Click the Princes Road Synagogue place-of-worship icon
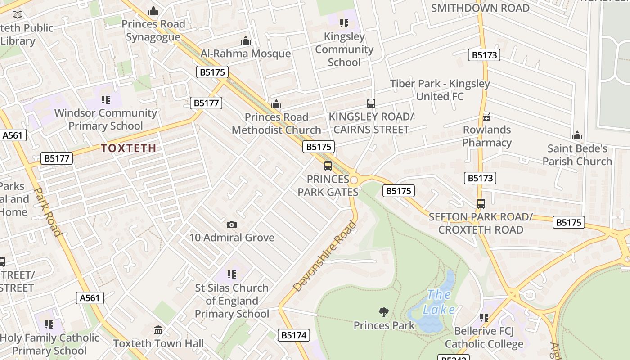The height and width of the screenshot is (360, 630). coord(153,11)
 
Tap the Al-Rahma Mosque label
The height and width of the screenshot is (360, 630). coord(245,54)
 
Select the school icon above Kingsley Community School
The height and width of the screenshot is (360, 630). coord(344,23)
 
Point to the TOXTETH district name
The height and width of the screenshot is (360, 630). coord(129,148)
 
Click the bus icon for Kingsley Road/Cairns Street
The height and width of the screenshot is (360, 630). coord(371,103)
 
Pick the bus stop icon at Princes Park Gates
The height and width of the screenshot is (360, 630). coord(328,166)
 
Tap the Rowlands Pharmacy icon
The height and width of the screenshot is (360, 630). coord(486,117)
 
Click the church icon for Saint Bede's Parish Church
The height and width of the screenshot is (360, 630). coord(577,135)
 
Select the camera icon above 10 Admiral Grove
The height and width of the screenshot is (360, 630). coord(232,225)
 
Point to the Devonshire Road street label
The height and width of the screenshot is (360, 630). coord(324,256)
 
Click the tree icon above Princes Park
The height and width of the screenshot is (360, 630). coord(384,312)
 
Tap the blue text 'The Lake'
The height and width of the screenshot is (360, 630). coord(439,302)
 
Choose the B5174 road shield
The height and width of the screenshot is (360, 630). coord(294,335)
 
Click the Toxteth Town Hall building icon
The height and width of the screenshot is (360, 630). coord(158,330)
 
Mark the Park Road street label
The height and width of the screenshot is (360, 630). coord(47,211)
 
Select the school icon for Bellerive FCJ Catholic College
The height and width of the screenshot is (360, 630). coord(484,318)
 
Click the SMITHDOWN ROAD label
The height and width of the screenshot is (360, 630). coord(480,8)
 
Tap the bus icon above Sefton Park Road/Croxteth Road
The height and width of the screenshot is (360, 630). coord(481,204)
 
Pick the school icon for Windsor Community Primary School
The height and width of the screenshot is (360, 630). coord(106,100)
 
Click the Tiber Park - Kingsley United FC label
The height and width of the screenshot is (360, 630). coord(440,90)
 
